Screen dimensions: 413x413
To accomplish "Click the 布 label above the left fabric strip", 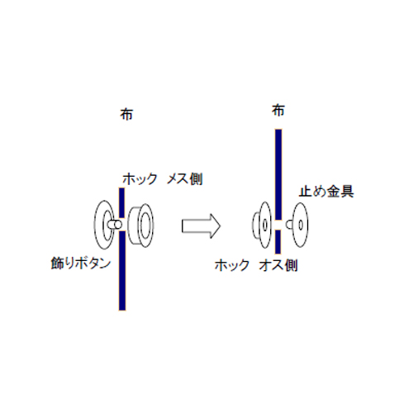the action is (126, 114).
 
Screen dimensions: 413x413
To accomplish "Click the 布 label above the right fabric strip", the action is (278, 111).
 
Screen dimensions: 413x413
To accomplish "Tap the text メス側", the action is (185, 179).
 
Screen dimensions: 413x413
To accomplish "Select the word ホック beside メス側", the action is (140, 179).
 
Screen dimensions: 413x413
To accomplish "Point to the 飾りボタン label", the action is (81, 263).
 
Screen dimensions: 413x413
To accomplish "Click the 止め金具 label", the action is (326, 192).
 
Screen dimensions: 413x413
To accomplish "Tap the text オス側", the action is (278, 265).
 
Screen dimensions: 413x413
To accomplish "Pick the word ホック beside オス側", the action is (232, 265).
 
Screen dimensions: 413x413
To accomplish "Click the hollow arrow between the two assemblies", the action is (201, 226).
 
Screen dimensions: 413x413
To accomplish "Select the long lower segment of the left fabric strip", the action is (122, 271).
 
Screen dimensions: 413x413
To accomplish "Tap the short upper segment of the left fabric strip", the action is (121, 203).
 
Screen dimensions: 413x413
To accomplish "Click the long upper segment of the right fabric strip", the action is (278, 174).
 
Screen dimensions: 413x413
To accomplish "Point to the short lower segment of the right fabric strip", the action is (278, 242).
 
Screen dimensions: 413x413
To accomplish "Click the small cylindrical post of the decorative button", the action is (115, 225).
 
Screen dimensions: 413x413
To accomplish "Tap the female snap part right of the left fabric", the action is (141, 225).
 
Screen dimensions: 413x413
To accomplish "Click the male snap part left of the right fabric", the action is (262, 225).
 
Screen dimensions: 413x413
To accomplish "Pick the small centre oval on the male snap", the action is (265, 225).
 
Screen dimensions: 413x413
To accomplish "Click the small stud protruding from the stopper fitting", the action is (289, 225).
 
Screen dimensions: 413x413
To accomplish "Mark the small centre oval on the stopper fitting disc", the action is (301, 225).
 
